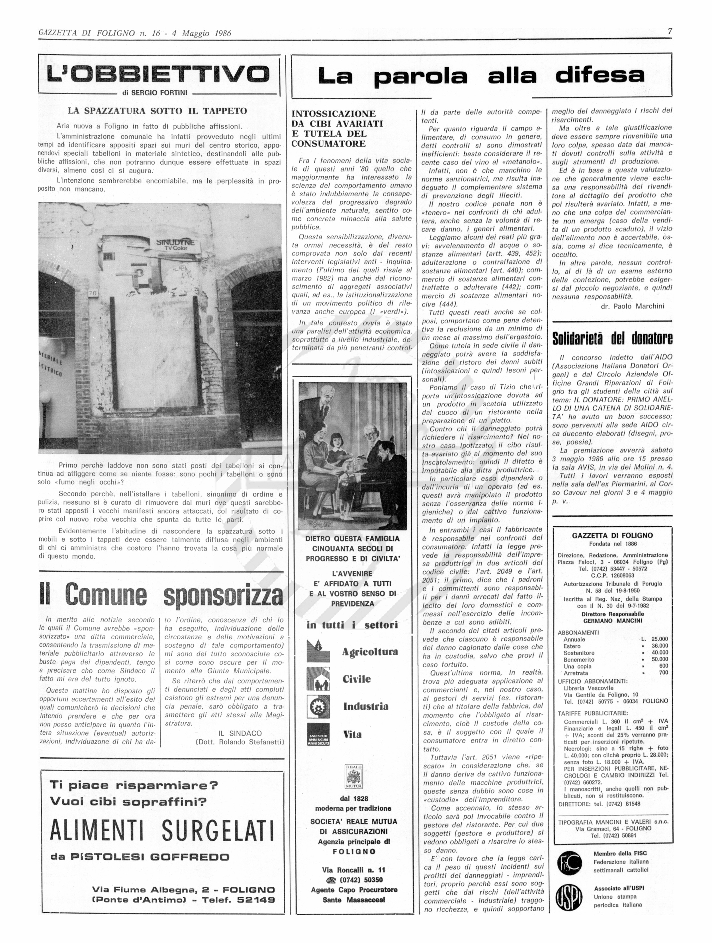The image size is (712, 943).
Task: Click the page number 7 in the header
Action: (669, 32)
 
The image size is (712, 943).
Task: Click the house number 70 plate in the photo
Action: (93, 293)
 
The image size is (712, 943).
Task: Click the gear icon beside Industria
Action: (318, 707)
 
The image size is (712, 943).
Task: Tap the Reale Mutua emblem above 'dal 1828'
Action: (353, 777)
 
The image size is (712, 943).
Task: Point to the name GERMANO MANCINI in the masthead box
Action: (613, 621)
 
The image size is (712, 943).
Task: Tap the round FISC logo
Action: (569, 864)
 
